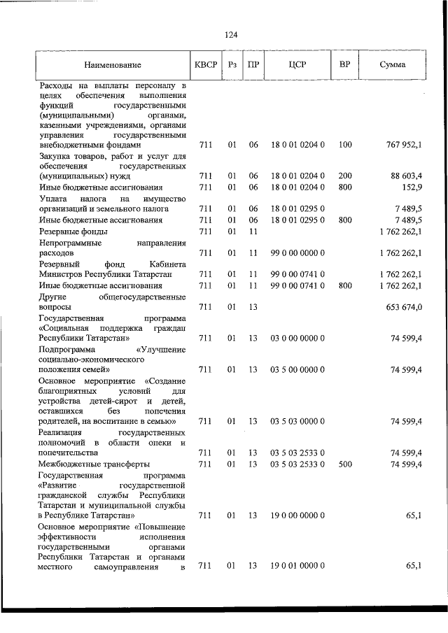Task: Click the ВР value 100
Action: point(345,145)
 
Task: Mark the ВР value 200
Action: point(345,176)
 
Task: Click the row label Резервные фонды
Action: point(73,231)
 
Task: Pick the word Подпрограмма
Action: point(68,348)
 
